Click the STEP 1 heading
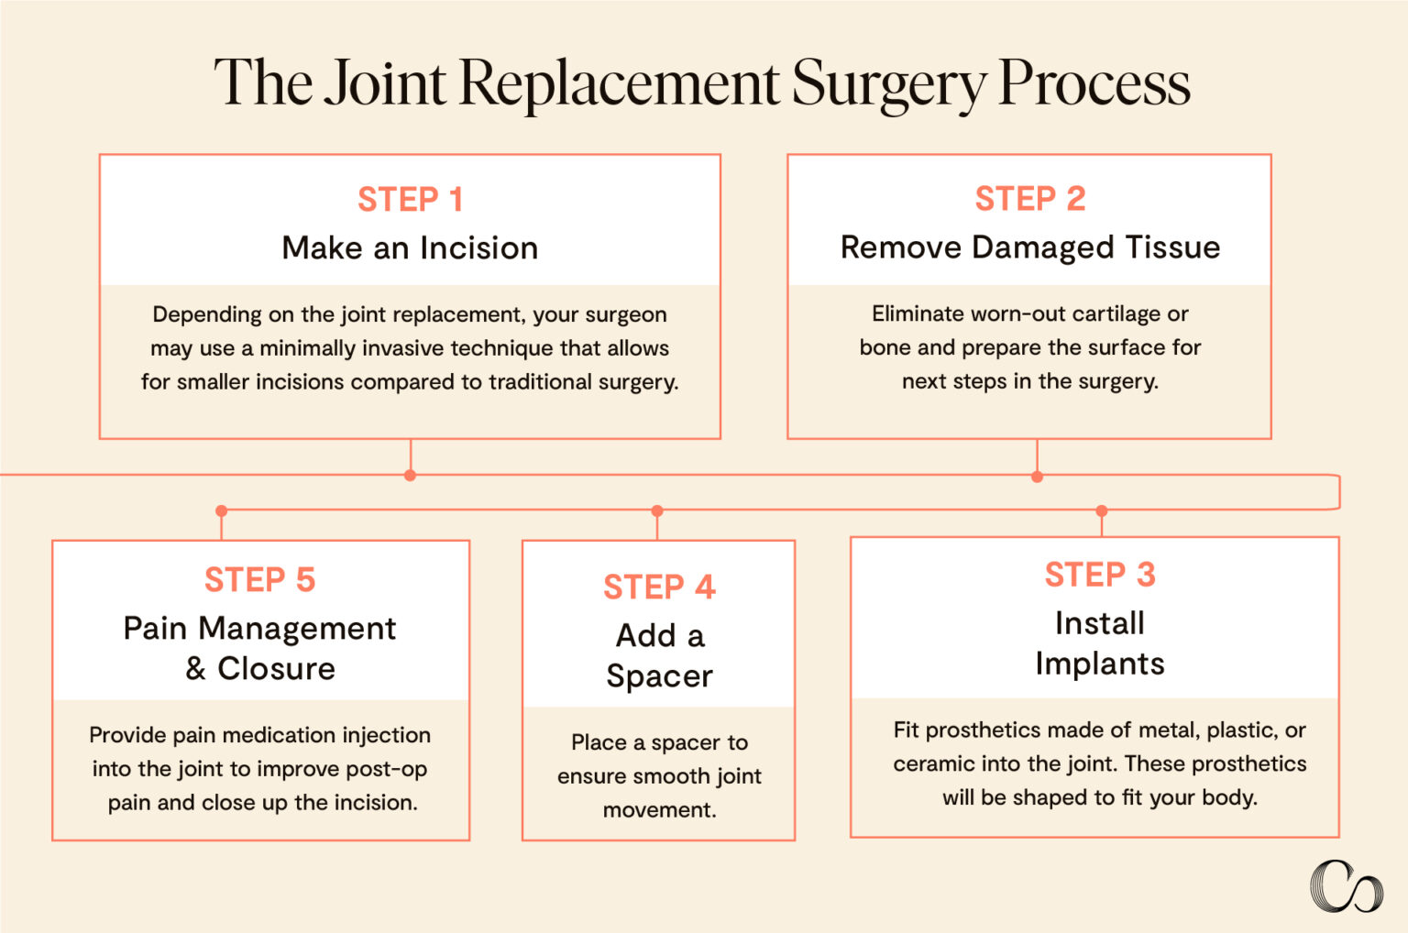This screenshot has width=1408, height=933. (x=410, y=199)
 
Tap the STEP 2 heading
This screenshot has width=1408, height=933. (x=1029, y=198)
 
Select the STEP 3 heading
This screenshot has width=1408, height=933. (x=1099, y=575)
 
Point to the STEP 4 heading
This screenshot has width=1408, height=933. (x=658, y=587)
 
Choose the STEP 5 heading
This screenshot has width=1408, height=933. (x=259, y=579)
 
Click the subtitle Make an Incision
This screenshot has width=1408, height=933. (x=410, y=247)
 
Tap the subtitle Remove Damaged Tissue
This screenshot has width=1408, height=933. (x=1029, y=247)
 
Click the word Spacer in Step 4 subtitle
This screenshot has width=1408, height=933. (x=658, y=675)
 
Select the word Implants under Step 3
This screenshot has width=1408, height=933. (x=1099, y=663)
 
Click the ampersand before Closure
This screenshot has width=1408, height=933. (x=195, y=668)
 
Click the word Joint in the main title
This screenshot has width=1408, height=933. (x=385, y=82)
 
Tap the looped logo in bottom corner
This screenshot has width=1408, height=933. (x=1345, y=886)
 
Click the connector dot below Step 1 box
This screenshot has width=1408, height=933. (x=410, y=475)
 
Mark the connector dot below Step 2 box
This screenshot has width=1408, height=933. (x=1037, y=477)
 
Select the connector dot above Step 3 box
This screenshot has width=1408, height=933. (x=1102, y=510)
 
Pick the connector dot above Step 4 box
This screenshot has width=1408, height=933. (x=656, y=510)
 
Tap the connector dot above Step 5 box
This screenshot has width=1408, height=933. (x=221, y=510)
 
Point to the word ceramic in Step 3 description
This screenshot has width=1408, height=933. (x=929, y=763)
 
